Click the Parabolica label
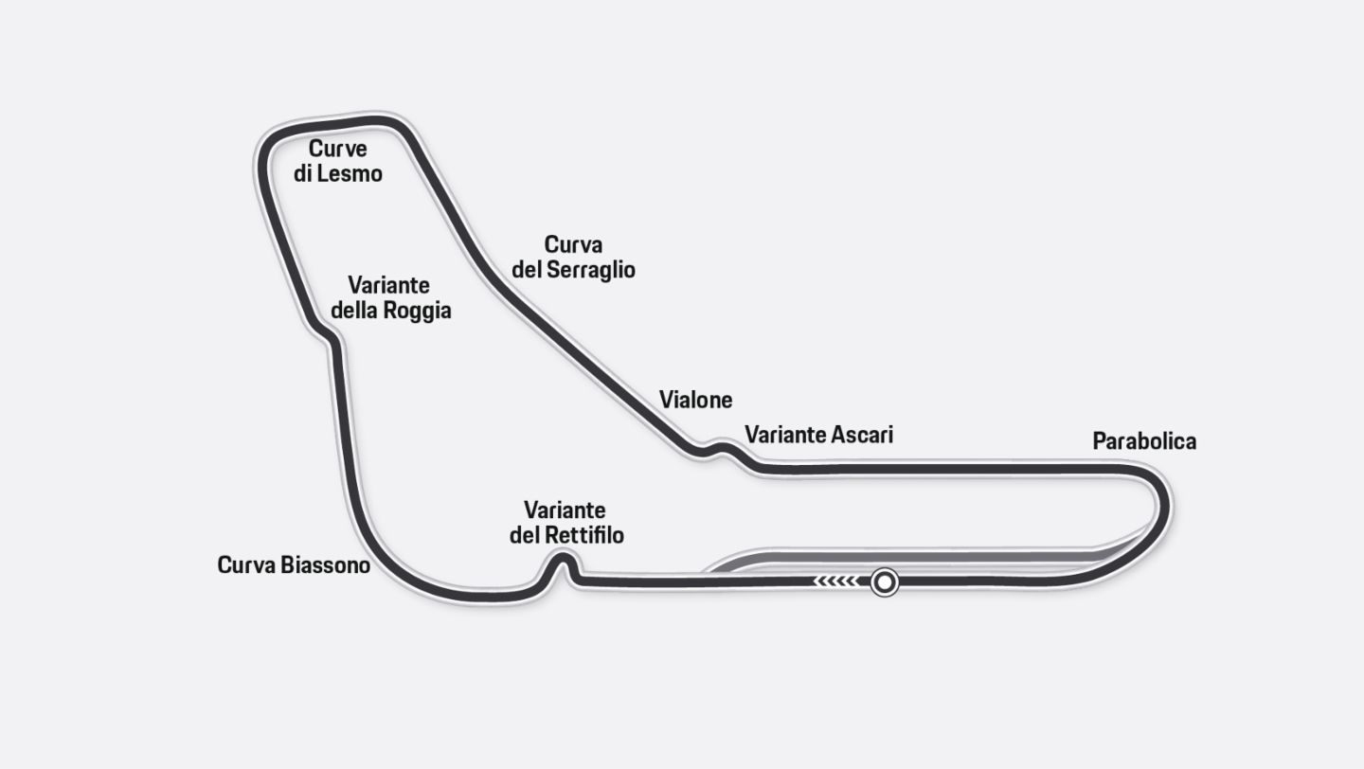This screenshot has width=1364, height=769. coord(1144,441)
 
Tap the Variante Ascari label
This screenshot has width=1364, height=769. coord(818,435)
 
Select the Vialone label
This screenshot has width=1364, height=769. coord(696,401)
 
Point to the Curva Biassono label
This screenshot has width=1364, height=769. coord(294,565)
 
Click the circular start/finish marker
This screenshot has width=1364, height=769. coord(885,581)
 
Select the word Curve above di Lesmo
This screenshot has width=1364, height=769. coord(338,150)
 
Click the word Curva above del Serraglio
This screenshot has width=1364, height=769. coord(573,245)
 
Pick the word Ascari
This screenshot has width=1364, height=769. coord(861,435)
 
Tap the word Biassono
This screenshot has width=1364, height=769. coord(325,565)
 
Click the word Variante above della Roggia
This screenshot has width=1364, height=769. coord(388,285)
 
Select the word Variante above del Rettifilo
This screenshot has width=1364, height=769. coord(565,510)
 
